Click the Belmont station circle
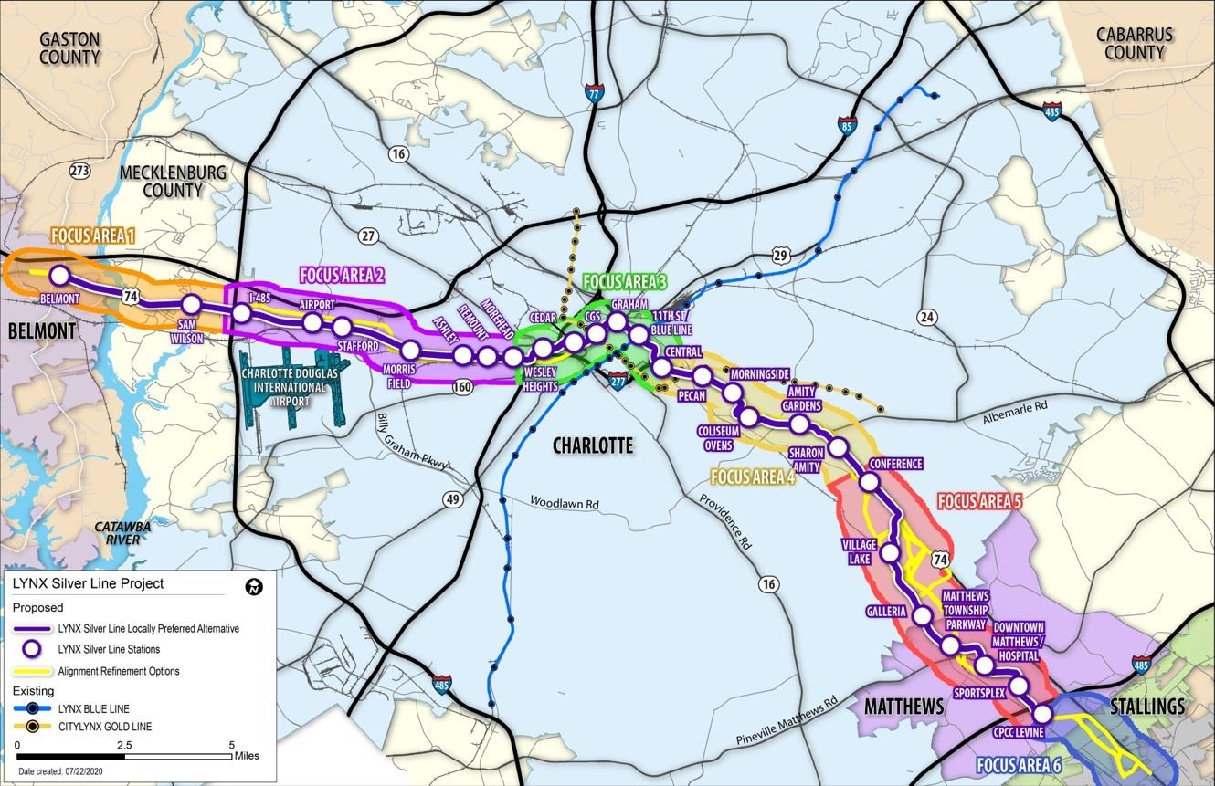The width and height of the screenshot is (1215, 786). coord(59,275)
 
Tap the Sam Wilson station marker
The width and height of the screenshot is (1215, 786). coord(192,305)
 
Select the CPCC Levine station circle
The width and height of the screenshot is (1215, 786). coord(1041,714)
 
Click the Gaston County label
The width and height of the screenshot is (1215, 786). coord(69,47)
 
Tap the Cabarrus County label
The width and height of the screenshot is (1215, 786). coord(1135,43)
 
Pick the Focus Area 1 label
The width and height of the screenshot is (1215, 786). coord(93,236)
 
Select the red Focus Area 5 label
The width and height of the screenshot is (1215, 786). coord(979,501)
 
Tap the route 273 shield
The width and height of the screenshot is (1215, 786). coord(80,171)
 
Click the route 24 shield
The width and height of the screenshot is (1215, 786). coord(928,317)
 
